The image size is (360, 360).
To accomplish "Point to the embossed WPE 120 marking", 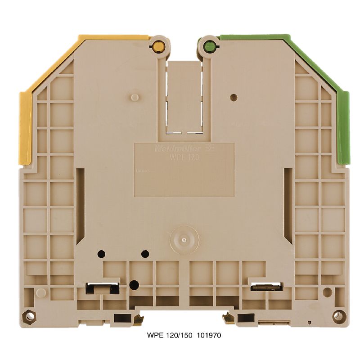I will click(184, 157).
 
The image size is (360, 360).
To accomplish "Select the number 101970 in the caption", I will click(208, 336).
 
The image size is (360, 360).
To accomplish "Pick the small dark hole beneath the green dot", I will click(233, 97).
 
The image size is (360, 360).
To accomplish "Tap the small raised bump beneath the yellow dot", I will click(134, 97).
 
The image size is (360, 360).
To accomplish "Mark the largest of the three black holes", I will click(134, 284).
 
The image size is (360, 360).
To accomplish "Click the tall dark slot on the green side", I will click(288, 205).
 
